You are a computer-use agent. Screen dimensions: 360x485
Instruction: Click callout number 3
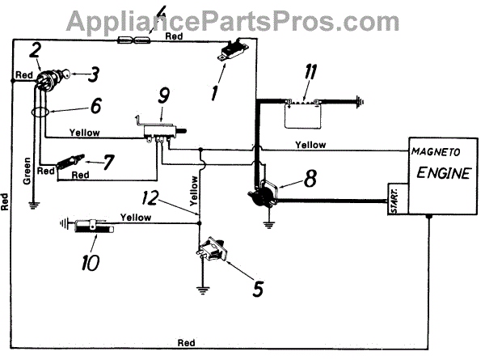pyautogui.click(x=95, y=76)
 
